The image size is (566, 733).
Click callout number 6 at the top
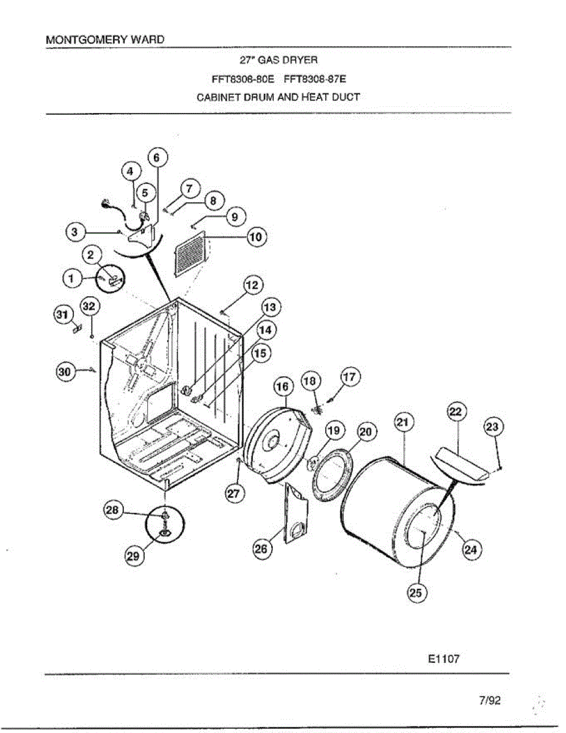[x=156, y=157]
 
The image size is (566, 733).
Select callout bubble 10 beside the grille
[x=256, y=236]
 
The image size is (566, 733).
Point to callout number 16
[x=282, y=387]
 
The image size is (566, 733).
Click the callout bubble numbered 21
[x=405, y=421]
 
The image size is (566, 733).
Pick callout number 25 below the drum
[x=419, y=592]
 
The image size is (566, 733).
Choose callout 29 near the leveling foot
[x=134, y=555]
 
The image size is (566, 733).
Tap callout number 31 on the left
[x=60, y=314]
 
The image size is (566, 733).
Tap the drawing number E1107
[x=443, y=659]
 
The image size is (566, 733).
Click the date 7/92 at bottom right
[x=490, y=700]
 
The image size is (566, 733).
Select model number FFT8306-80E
[x=243, y=78]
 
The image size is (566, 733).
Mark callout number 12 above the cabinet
[x=253, y=285]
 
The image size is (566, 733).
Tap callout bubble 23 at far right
[x=493, y=426]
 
